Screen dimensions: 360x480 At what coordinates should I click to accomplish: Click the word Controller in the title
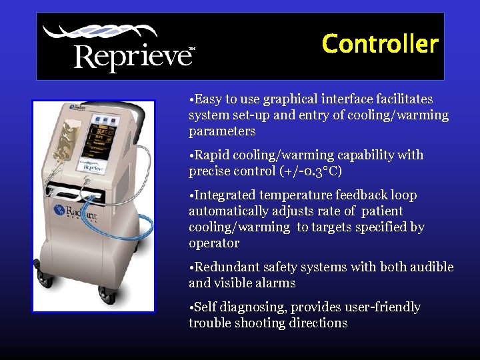pos(379,44)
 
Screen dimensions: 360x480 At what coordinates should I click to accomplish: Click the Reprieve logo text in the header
pos(132,56)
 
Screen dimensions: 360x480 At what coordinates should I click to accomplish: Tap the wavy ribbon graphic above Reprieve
pos(100,33)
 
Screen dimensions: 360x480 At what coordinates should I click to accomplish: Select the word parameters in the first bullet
pos(222,131)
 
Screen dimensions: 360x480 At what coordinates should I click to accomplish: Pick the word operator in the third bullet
pos(214,243)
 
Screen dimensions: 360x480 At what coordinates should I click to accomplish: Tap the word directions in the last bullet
pos(315,323)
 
